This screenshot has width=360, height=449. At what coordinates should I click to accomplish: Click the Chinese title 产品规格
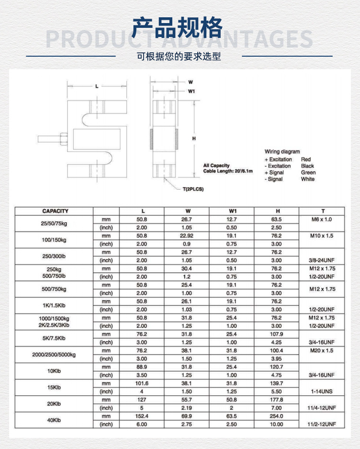178,27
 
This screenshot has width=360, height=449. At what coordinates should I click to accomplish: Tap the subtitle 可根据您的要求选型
179,57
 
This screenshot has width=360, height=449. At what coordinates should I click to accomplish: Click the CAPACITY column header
55,211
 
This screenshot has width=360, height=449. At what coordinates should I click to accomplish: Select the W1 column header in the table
232,211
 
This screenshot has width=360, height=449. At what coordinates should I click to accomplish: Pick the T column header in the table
323,211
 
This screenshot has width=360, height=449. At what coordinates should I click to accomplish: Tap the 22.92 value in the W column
187,236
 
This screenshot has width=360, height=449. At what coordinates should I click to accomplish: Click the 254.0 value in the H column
276,416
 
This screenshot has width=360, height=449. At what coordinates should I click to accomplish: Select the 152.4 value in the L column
142,416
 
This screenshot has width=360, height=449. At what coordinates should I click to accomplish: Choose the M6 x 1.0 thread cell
322,219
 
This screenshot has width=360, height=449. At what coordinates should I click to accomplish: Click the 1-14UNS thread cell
322,392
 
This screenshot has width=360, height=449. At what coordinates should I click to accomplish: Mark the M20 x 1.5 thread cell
322,351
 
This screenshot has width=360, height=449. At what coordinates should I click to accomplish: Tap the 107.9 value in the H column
276,334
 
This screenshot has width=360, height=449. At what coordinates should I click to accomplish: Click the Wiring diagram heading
282,152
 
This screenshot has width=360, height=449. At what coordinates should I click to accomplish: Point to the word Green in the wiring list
309,172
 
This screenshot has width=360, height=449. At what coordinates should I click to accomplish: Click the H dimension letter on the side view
194,138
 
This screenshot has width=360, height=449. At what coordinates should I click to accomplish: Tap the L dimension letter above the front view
97,86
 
